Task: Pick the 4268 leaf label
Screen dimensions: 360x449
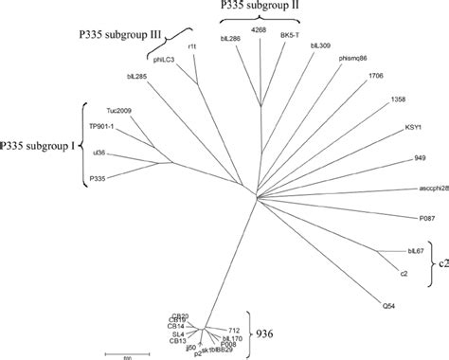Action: click(x=258, y=31)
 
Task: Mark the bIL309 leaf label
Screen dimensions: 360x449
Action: click(x=320, y=45)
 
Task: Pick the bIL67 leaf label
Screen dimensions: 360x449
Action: click(x=415, y=252)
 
